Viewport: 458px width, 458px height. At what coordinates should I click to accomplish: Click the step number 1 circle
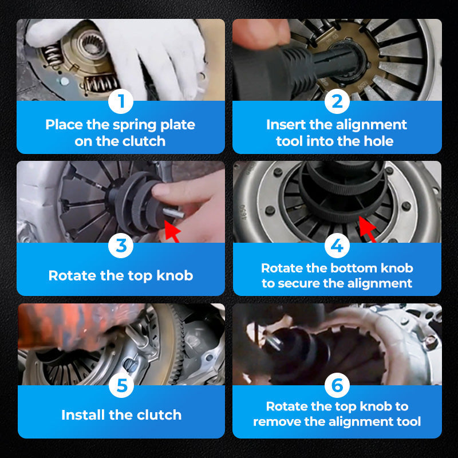(121, 101)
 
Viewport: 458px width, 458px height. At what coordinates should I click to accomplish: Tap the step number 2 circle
(337, 101)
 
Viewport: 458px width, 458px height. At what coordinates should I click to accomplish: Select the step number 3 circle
(121, 246)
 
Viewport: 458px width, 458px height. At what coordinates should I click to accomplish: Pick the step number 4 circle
(337, 246)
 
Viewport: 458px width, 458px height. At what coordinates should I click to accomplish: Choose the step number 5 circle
(122, 385)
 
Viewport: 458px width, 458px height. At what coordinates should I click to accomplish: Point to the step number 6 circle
(337, 385)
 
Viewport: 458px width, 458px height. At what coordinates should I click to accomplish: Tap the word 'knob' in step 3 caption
(175, 275)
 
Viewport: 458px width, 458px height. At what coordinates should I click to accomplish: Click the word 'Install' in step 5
(83, 415)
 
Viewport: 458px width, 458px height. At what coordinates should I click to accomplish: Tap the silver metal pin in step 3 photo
(173, 213)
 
